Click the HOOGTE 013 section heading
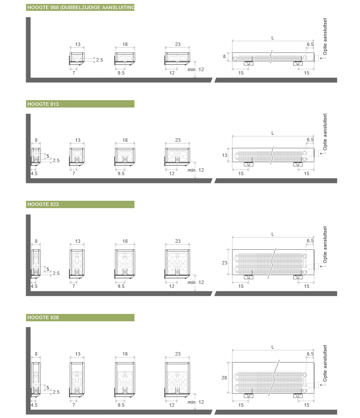click(x=43, y=104)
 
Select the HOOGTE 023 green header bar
click(x=80, y=205)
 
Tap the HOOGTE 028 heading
click(x=43, y=317)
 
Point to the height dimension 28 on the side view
click(x=224, y=378)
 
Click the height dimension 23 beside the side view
click(x=225, y=263)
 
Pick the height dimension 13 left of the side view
click(x=225, y=155)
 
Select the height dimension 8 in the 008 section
click(x=224, y=56)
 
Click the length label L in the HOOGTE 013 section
click(x=272, y=133)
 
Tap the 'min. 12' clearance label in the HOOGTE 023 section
click(x=196, y=282)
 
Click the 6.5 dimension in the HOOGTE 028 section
click(x=310, y=354)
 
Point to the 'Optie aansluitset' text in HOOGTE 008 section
click(x=325, y=36)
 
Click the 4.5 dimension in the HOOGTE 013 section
click(x=34, y=173)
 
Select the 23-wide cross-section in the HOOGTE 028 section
click(x=177, y=379)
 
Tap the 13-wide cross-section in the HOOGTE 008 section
click(x=77, y=59)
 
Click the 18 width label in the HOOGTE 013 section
click(x=125, y=140)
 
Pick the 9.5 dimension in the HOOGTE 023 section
click(x=121, y=286)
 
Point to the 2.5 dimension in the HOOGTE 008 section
click(x=99, y=60)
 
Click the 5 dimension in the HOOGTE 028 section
click(x=48, y=388)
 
